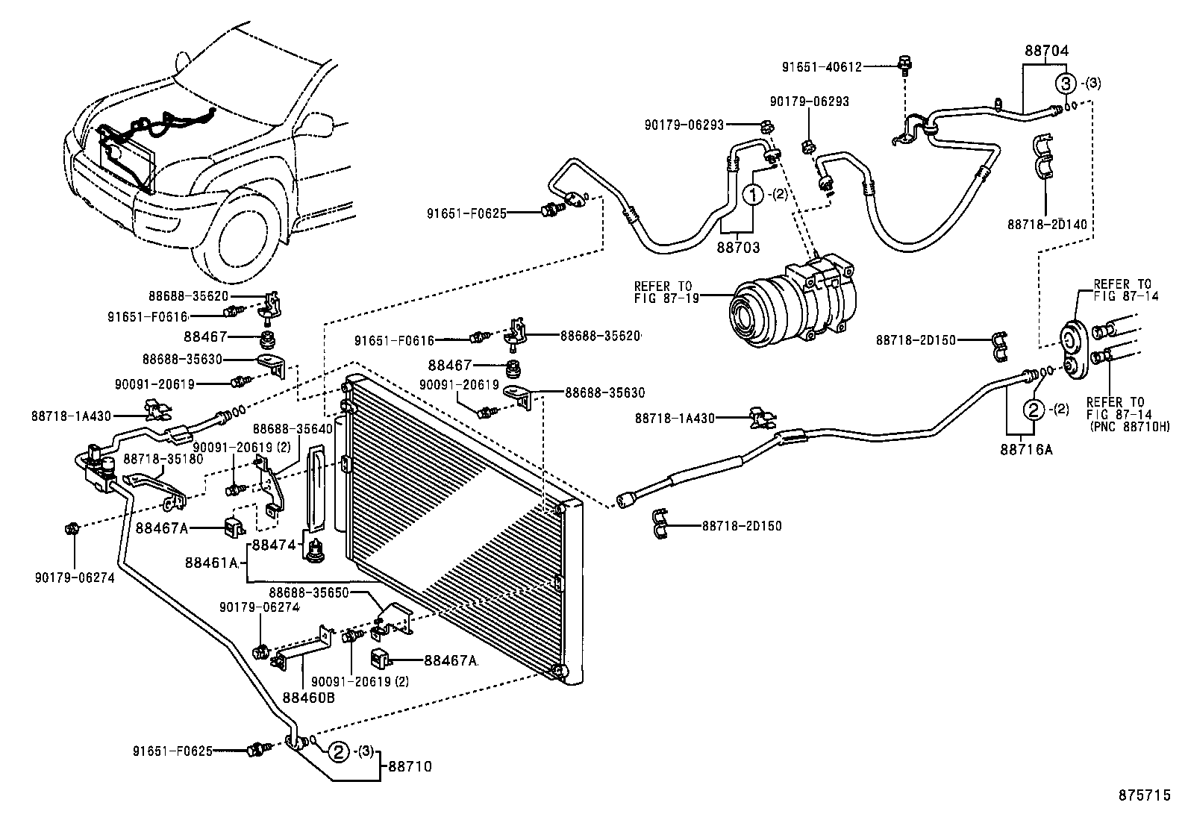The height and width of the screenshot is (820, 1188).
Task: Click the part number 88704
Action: pos(1046,51)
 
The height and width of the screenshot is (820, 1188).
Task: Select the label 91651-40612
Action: pos(822,66)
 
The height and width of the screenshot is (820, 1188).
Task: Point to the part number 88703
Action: pos(738,246)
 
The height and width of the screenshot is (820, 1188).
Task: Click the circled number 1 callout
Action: pos(754,195)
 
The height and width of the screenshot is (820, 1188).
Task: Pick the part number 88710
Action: pos(408,766)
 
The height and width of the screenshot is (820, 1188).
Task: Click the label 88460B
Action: pos(308,698)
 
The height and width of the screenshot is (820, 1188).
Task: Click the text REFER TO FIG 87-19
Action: pos(663,292)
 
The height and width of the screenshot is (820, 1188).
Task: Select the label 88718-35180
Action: pos(163,459)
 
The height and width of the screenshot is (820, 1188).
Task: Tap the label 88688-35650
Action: pos(310,592)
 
